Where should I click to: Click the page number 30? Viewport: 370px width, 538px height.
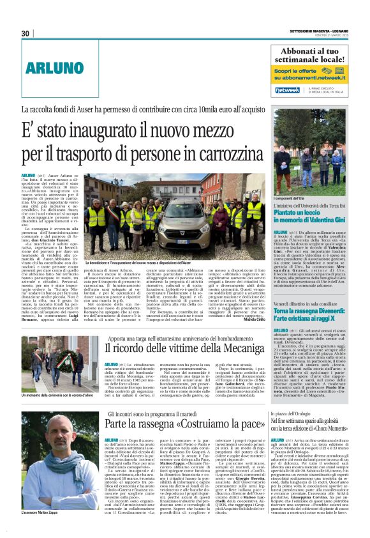coord(26,34)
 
